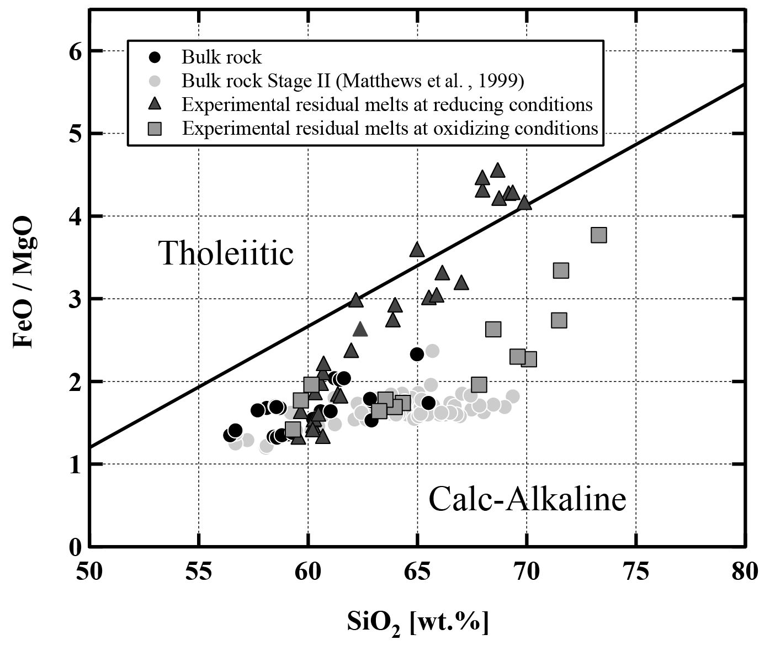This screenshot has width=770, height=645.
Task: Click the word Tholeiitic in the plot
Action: pyautogui.click(x=226, y=253)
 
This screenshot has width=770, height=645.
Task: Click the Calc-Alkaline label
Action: pyautogui.click(x=527, y=499)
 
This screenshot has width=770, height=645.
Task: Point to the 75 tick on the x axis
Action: pyautogui.click(x=636, y=572)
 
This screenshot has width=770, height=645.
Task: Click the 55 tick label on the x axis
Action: pyautogui.click(x=198, y=572)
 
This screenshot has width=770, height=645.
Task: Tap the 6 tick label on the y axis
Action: pyautogui.click(x=75, y=51)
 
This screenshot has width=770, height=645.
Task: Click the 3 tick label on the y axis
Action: pyautogui.click(x=75, y=299)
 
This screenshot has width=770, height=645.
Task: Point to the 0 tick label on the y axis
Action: pyautogui.click(x=75, y=547)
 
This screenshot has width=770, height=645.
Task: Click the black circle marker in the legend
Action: pyautogui.click(x=156, y=57)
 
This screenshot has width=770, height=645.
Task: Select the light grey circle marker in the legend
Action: pyautogui.click(x=156, y=81)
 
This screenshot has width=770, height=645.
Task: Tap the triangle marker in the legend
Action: pyautogui.click(x=156, y=104)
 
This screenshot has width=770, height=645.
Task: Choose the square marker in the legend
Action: pyautogui.click(x=156, y=128)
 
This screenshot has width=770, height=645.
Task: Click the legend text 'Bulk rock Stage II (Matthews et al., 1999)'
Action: pyautogui.click(x=353, y=81)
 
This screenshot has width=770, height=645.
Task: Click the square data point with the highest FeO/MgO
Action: pyautogui.click(x=598, y=235)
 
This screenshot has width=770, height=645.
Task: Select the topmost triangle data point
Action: pyautogui.click(x=497, y=171)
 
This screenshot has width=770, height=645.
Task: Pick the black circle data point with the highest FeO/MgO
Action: pyautogui.click(x=417, y=354)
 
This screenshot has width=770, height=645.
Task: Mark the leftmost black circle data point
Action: pyautogui.click(x=230, y=435)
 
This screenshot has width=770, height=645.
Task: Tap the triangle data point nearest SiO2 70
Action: pyautogui.click(x=524, y=203)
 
